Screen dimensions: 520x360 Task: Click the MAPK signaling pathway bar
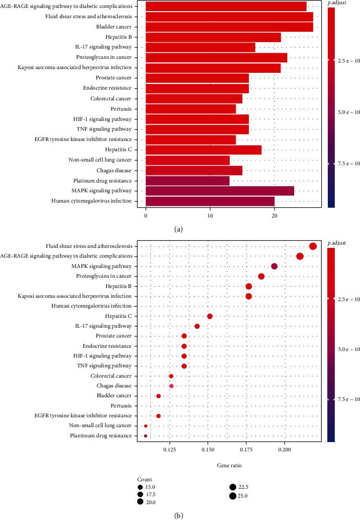pyautogui.click(x=220, y=191)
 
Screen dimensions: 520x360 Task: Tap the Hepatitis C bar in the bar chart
pyautogui.click(x=204, y=150)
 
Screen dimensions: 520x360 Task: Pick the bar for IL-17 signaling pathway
pyautogui.click(x=200, y=47)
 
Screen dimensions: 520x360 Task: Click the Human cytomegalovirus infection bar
pyautogui.click(x=210, y=201)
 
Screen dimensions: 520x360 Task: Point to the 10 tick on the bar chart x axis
pyautogui.click(x=210, y=216)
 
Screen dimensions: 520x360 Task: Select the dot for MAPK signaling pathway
pyautogui.click(x=274, y=267)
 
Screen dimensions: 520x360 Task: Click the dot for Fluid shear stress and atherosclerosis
pyautogui.click(x=313, y=246)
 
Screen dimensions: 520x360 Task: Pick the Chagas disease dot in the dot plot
pyautogui.click(x=171, y=386)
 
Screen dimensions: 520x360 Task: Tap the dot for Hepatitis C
pyautogui.click(x=210, y=316)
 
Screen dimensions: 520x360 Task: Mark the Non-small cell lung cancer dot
pyautogui.click(x=146, y=426)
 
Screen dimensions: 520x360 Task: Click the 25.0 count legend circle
pyautogui.click(x=232, y=496)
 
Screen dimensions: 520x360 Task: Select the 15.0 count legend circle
pyautogui.click(x=140, y=486)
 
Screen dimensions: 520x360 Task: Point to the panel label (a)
pyautogui.click(x=178, y=229)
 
